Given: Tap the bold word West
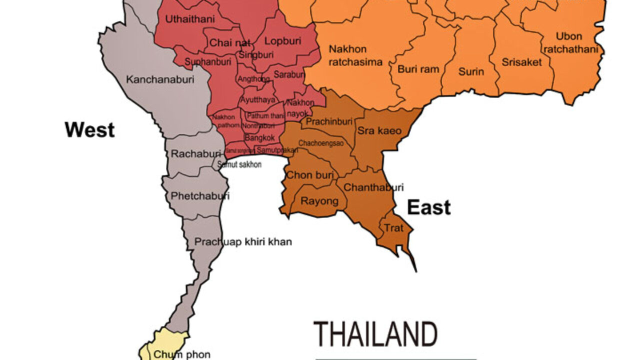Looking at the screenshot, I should coord(89,130).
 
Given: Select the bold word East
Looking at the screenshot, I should coord(428,207).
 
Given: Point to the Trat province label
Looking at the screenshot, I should coord(393,228).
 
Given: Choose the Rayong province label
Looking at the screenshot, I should coord(319,201).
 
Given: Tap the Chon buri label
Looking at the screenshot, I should coord(309,175).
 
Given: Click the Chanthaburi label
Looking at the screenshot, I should coord(373,188).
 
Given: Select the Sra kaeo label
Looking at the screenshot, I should coord(379,131).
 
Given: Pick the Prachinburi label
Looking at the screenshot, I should coord(329,121).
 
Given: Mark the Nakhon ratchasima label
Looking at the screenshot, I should coord(355,55).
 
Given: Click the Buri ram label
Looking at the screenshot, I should coord(418,69).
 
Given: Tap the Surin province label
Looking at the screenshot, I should coord(471,71).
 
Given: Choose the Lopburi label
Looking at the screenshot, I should coord(281,41).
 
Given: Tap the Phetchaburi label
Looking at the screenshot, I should coord(200,196).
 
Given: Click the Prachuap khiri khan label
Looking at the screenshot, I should coord(243,242).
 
